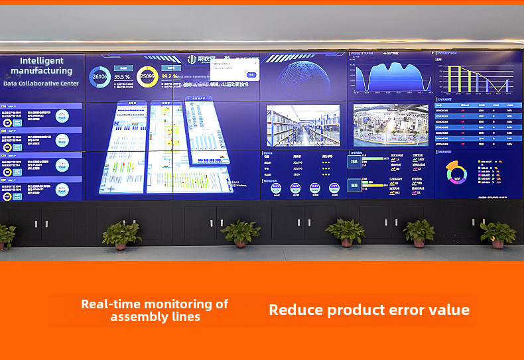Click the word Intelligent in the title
click(x=42, y=61)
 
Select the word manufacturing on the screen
click(x=42, y=70)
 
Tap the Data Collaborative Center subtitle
click(x=41, y=84)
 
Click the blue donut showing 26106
click(x=100, y=77)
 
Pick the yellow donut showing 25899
click(x=147, y=77)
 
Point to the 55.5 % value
click(x=122, y=77)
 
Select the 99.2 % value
click(x=169, y=77)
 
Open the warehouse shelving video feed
click(x=303, y=125)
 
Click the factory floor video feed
click(x=391, y=125)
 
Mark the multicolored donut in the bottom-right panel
click(x=456, y=173)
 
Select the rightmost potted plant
click(x=497, y=233)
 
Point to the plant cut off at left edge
click(x=5, y=236)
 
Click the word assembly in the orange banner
click(x=138, y=317)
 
